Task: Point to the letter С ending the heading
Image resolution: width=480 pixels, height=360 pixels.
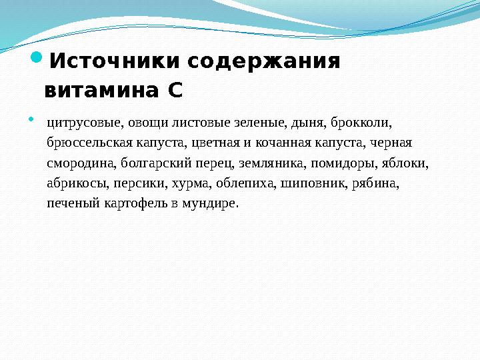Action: point(175,89)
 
